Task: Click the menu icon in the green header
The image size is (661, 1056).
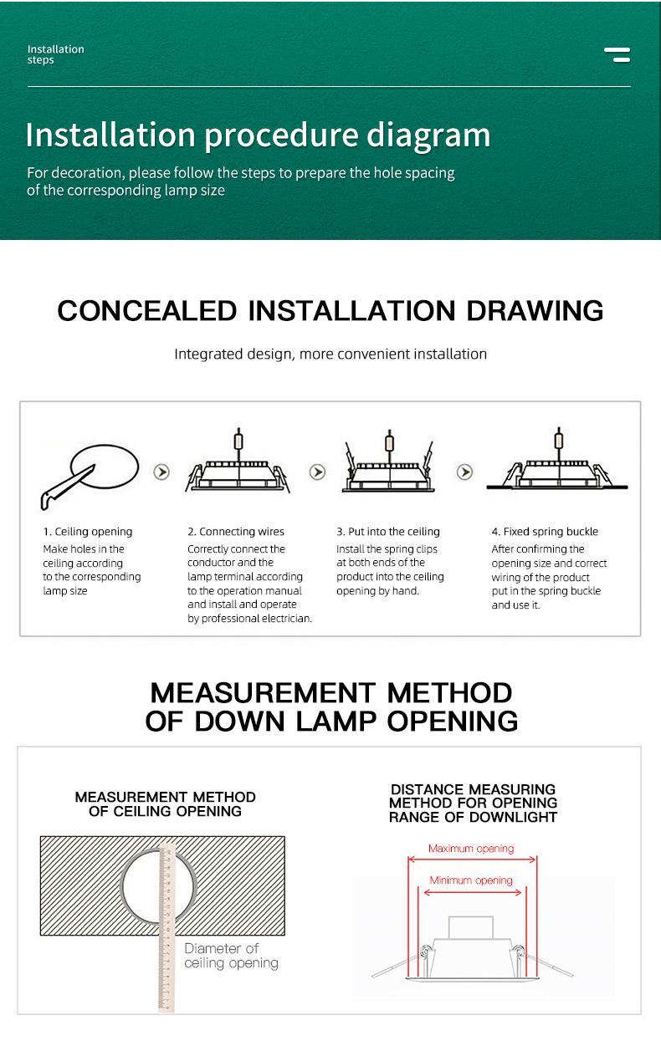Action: pos(617,55)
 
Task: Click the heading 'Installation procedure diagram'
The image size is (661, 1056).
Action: pos(258,135)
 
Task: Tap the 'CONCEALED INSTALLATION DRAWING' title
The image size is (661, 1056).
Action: pos(330,310)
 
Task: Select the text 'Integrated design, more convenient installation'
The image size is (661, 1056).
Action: pos(330,354)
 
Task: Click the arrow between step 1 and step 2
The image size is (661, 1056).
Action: pos(161,472)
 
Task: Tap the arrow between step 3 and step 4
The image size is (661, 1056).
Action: pos(464,472)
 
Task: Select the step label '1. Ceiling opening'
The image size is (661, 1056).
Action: pos(88,532)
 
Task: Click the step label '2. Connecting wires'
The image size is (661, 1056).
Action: pos(236,532)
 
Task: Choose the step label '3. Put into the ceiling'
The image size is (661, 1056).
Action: pos(388,532)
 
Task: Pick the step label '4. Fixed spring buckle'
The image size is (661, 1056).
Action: pos(545,532)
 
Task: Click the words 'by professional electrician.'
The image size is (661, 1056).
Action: pos(249,619)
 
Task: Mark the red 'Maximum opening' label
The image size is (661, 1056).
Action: pos(471,849)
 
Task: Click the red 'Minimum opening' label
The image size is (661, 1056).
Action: pos(471,880)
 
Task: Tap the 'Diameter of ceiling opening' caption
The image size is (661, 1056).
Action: pos(231,956)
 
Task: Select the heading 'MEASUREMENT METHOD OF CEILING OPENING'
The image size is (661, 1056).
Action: pos(165,803)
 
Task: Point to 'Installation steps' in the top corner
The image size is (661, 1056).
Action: pos(55,54)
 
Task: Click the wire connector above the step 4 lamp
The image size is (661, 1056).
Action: pos(558,440)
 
